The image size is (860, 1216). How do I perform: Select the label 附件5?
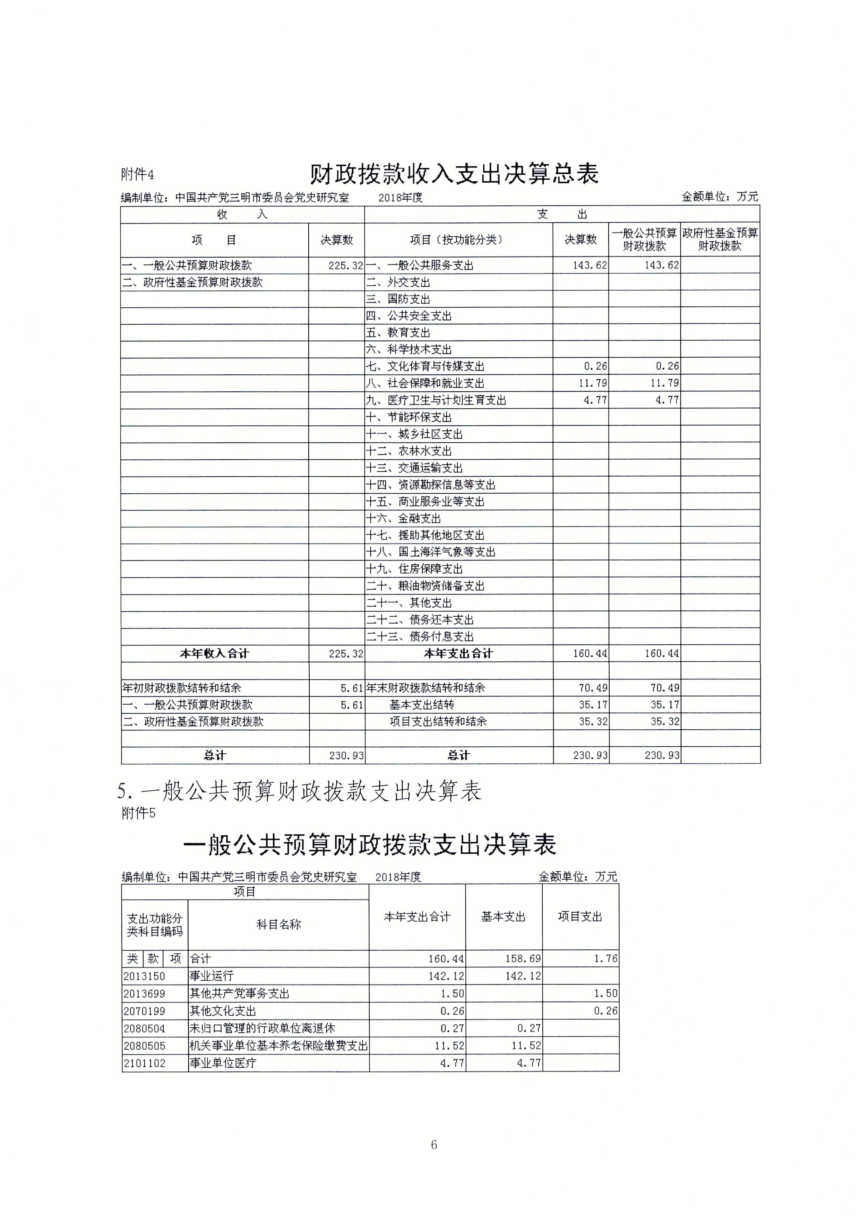click(138, 813)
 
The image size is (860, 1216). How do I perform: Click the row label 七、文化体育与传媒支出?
click(425, 366)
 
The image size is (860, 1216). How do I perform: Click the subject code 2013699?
click(144, 993)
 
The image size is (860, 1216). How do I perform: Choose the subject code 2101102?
click(144, 1063)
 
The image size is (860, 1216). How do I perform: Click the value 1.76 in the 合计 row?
click(605, 958)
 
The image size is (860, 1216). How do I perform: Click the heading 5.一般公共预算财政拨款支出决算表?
click(299, 791)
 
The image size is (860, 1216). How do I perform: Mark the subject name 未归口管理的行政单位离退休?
click(262, 1028)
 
